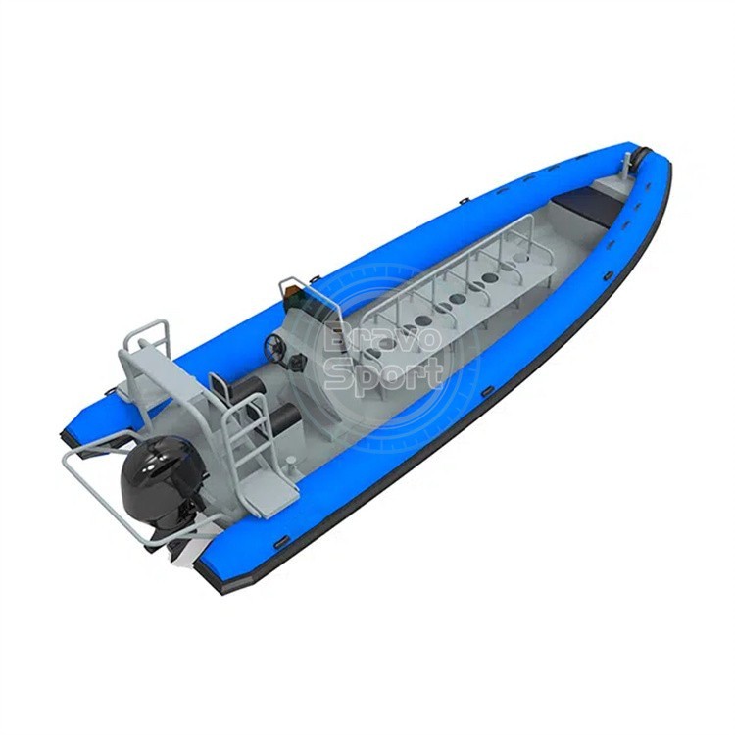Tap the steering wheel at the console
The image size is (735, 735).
274,346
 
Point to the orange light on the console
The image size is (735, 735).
291,291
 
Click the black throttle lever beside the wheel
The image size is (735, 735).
297,362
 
